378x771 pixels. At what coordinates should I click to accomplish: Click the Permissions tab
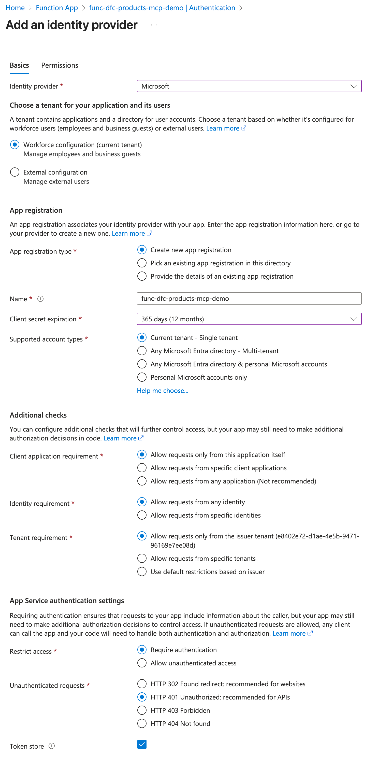(x=60, y=65)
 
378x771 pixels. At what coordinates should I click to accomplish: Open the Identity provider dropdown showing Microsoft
(x=249, y=86)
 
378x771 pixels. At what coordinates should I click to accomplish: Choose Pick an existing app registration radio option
(x=142, y=263)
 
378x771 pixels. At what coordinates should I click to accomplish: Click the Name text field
(x=249, y=298)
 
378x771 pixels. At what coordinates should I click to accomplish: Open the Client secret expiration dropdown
(x=249, y=319)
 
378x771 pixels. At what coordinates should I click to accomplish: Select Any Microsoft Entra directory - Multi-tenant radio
(x=142, y=351)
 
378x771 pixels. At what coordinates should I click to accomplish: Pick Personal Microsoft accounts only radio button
(x=142, y=377)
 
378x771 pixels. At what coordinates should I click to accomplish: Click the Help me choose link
(x=163, y=391)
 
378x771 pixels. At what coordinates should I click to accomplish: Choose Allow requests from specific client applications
(x=142, y=468)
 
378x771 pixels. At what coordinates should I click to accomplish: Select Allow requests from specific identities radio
(x=142, y=515)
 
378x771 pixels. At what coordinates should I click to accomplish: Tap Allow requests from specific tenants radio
(x=142, y=559)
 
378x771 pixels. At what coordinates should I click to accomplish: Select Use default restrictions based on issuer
(x=142, y=572)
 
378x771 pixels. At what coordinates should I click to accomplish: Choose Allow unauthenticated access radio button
(x=142, y=663)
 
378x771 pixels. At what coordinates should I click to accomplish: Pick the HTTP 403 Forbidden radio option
(x=142, y=710)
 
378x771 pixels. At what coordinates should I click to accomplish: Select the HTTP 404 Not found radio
(x=142, y=723)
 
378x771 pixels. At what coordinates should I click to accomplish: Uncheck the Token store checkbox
(x=142, y=744)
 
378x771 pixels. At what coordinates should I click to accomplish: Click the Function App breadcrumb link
(x=57, y=8)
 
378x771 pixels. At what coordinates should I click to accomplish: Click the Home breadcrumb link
(x=15, y=8)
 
